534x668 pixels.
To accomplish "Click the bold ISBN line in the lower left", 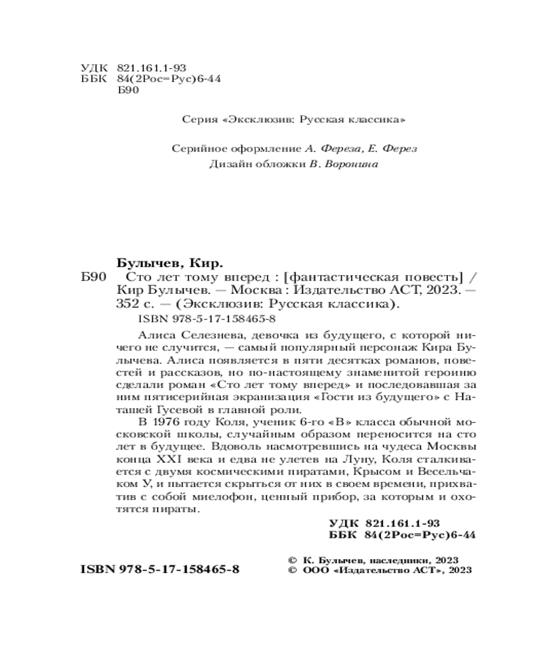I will click(x=160, y=570).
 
